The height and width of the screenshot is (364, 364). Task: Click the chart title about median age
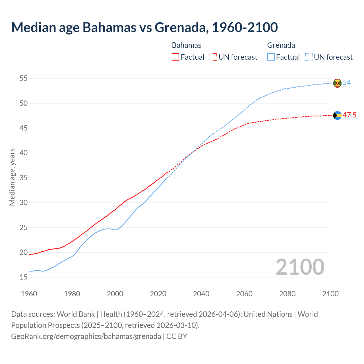point(144,27)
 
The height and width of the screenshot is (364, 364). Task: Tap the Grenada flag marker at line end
point(337,83)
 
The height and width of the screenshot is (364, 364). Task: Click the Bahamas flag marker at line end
point(337,115)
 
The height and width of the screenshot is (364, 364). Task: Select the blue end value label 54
point(347,83)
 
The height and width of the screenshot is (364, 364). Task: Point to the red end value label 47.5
point(349,115)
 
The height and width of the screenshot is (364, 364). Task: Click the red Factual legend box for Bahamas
point(175,57)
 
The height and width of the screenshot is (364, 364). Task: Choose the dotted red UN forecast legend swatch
point(213,57)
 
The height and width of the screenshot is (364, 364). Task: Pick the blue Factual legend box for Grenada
point(271,57)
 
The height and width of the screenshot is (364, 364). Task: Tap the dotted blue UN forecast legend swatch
point(309,57)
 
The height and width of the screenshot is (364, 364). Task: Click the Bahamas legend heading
point(187,45)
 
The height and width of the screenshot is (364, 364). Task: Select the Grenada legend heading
point(281,45)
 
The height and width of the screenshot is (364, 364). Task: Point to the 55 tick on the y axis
point(24,78)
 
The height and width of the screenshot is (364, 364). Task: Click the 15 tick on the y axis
point(24,277)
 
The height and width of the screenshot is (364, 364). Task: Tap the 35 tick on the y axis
point(24,178)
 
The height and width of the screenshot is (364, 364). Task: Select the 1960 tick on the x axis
point(29,294)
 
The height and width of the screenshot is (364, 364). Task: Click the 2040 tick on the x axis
point(201,294)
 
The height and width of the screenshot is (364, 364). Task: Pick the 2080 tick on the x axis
point(287,294)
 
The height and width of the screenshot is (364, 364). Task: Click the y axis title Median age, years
point(12,177)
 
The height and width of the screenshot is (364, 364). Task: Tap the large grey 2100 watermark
point(300,267)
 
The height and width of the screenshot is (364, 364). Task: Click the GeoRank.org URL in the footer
point(86,336)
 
